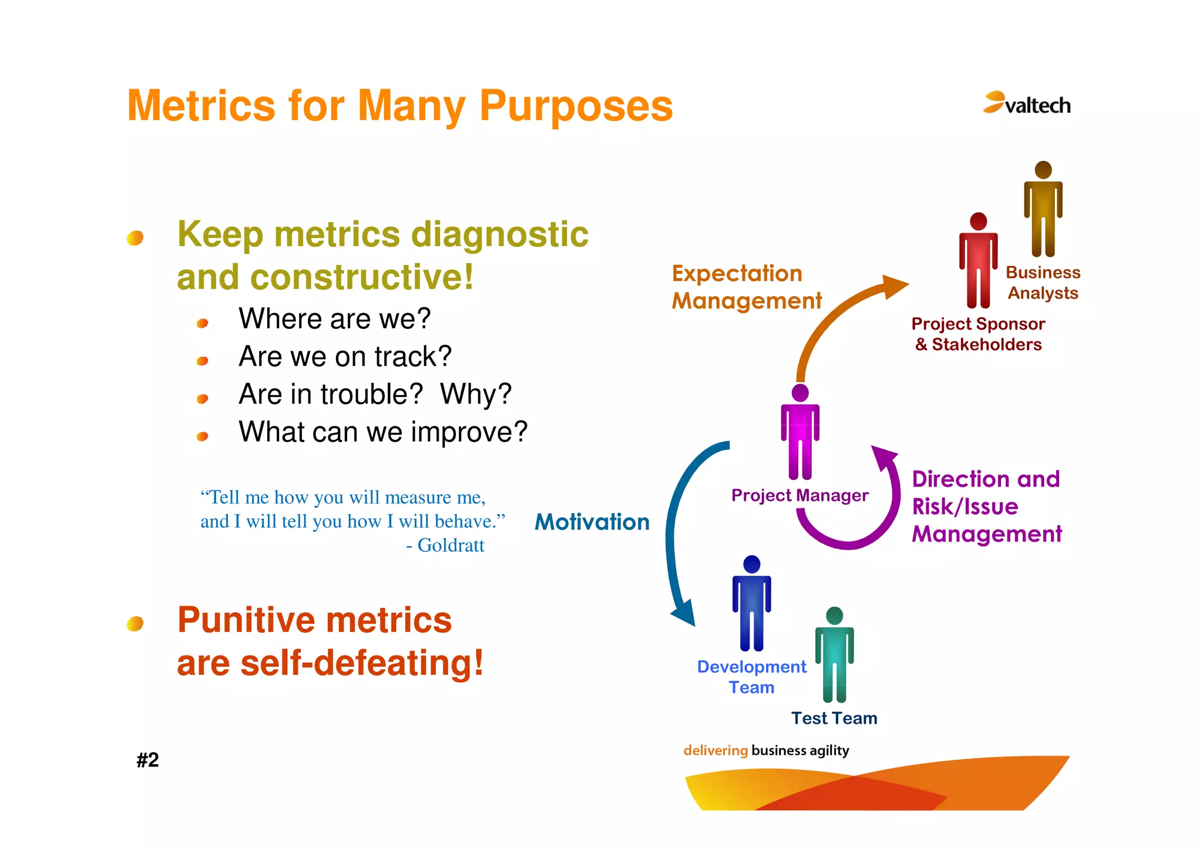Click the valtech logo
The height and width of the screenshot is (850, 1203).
pos(1027,103)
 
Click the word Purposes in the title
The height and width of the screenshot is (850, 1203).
pos(576,106)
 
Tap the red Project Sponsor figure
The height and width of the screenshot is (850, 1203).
pos(978,261)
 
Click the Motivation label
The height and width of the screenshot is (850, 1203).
pos(592,522)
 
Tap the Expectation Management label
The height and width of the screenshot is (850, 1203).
pos(745,287)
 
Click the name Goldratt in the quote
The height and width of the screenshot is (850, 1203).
pos(451,545)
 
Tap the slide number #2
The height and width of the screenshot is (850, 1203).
pos(147,760)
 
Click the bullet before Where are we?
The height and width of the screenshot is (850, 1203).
pos(203,323)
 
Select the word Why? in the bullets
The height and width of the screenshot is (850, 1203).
pos(476,394)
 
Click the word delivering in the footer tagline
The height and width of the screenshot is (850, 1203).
pos(715,750)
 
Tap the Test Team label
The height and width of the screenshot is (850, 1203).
pos(834,718)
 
